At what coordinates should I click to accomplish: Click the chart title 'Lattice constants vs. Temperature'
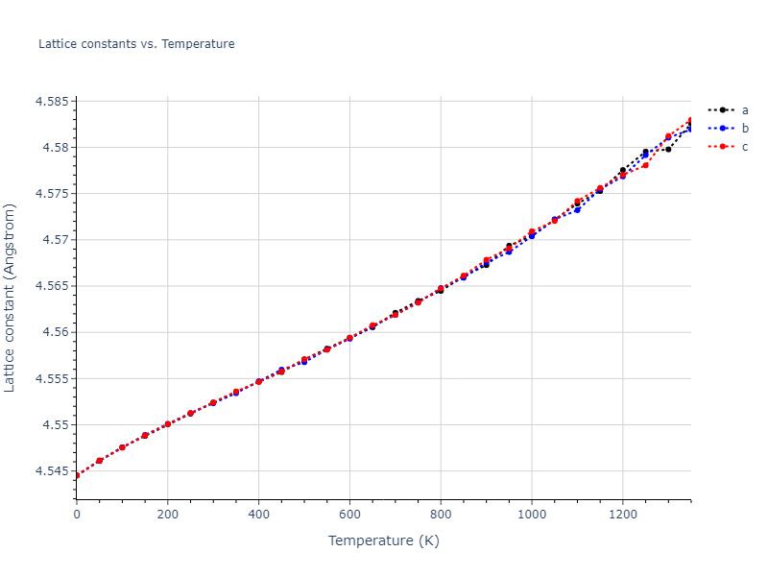(136, 44)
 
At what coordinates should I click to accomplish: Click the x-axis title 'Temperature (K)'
(383, 540)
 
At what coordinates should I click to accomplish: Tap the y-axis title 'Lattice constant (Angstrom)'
(11, 297)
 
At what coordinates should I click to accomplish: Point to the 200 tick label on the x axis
(168, 514)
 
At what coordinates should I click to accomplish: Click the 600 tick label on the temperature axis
(349, 514)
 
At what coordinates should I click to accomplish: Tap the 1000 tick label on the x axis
(532, 514)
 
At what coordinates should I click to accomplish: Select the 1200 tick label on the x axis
(623, 514)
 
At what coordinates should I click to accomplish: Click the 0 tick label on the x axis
(77, 514)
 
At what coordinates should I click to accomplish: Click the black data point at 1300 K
(668, 149)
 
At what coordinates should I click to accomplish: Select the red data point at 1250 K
(645, 165)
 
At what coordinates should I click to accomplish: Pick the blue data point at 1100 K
(577, 209)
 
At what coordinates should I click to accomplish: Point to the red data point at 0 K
(77, 475)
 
